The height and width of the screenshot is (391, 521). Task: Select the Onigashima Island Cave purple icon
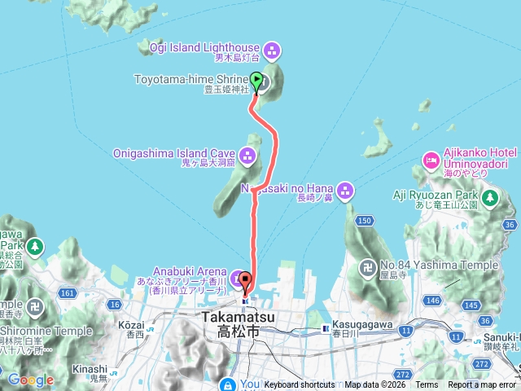click(x=247, y=153)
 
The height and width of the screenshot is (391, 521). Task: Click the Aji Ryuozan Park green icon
click(x=490, y=197)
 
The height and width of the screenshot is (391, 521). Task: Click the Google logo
click(x=30, y=380)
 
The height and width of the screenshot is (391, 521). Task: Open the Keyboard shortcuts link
click(x=299, y=384)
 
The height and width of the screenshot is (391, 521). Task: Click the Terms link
click(x=427, y=384)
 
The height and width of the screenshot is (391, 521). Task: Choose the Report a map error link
click(x=479, y=384)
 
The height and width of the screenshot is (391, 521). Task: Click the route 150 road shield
click(x=364, y=221)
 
